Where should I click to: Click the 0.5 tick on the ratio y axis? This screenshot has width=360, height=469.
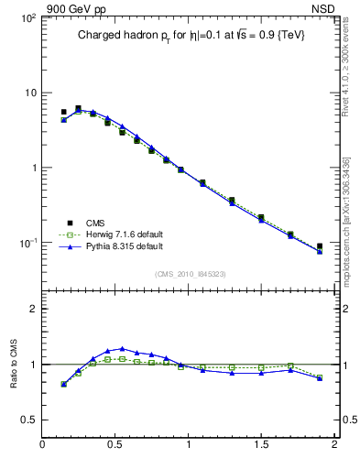click(27, 419)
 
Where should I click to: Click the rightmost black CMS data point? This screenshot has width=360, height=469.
click(320, 246)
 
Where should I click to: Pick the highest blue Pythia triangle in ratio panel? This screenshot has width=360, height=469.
click(122, 349)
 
